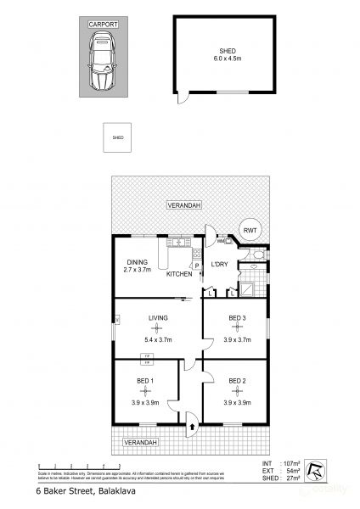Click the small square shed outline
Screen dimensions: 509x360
118,137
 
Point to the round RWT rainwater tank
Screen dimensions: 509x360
250,230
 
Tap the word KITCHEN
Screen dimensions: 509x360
179,274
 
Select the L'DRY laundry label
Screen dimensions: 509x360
221,265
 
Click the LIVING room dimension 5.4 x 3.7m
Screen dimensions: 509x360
158,338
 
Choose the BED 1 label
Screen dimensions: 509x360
145,382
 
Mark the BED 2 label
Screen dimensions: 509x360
236,382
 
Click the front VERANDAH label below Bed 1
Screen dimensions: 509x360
141,443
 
